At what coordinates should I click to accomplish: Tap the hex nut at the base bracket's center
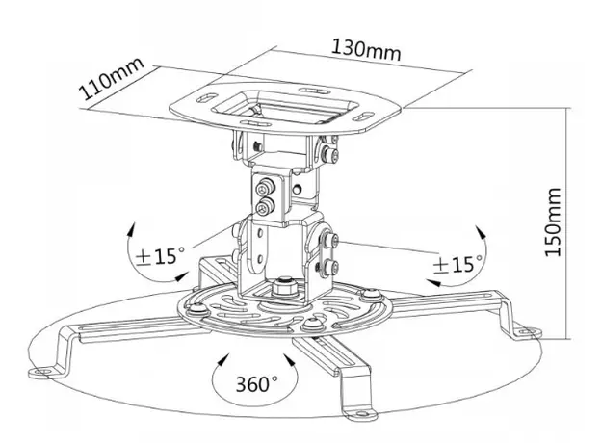click(x=283, y=286)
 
